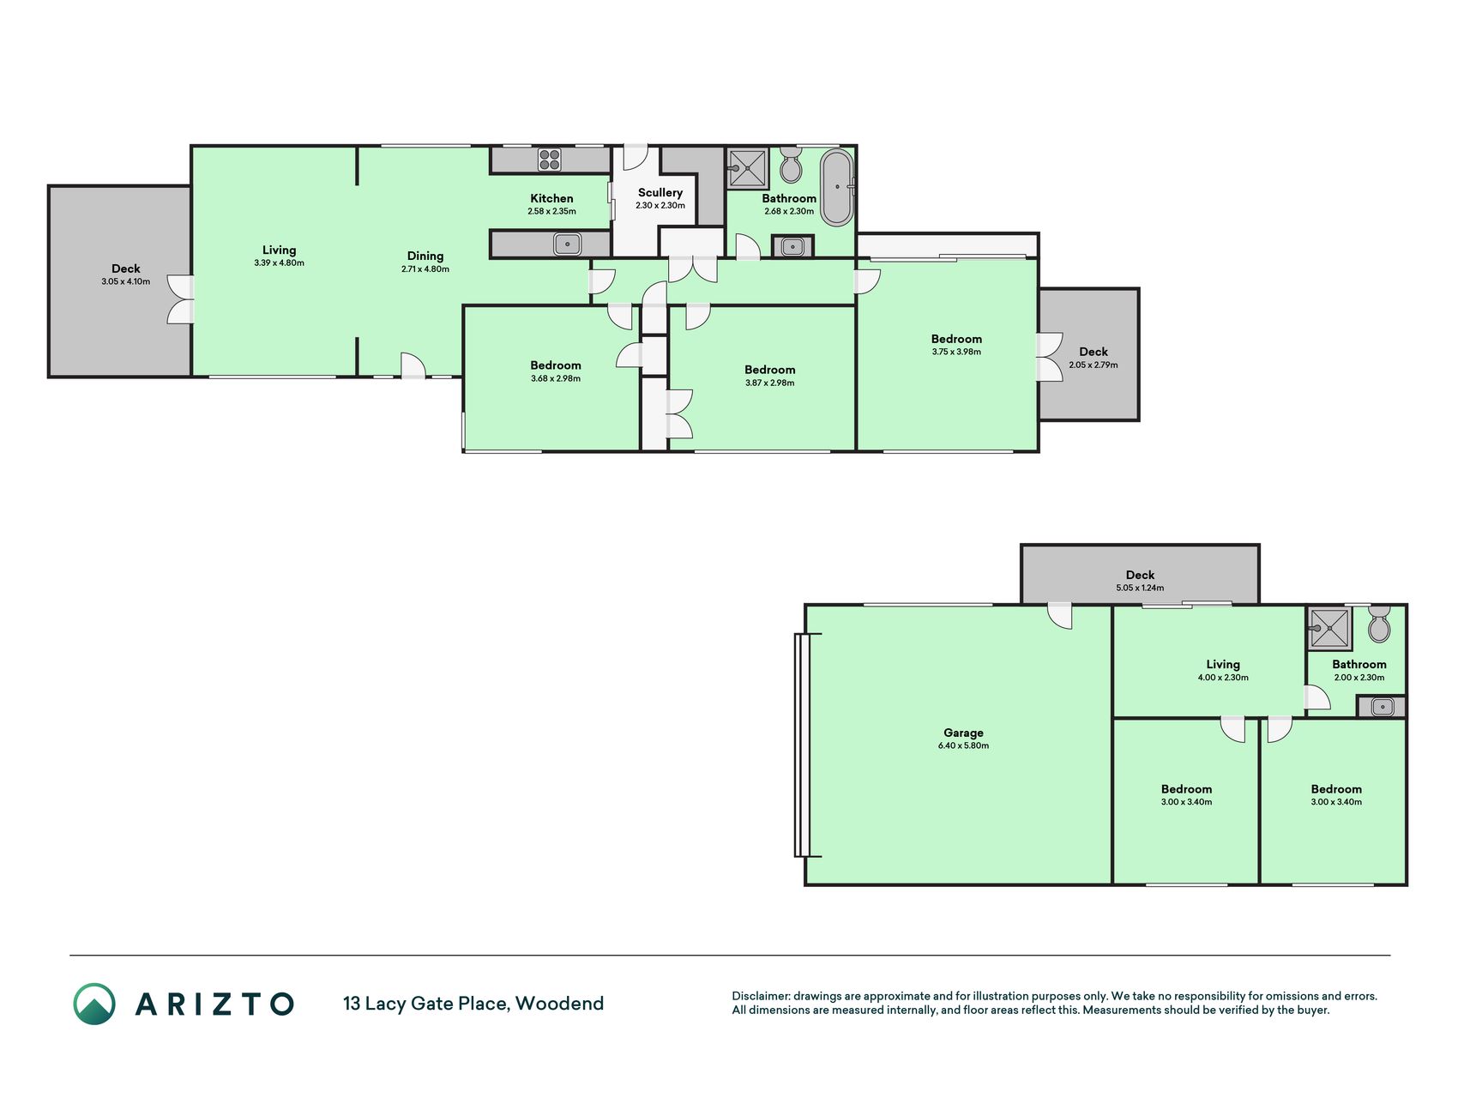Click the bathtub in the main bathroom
pos(837,187)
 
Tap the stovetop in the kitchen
pos(550,160)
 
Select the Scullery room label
pos(660,192)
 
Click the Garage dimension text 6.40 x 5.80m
pos(963,745)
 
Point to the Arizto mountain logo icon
pos(94,1004)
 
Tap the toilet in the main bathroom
pos(791,165)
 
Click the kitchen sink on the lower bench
pos(567,244)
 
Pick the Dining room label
pos(425,256)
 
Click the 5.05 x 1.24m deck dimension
pos(1140,588)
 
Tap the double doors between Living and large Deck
pos(180,299)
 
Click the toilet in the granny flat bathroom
pos(1379,624)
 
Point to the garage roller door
pos(802,745)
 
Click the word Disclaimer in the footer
pos(760,996)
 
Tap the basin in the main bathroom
pos(793,247)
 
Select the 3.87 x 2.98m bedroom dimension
pos(769,383)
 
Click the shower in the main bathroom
pos(748,168)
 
